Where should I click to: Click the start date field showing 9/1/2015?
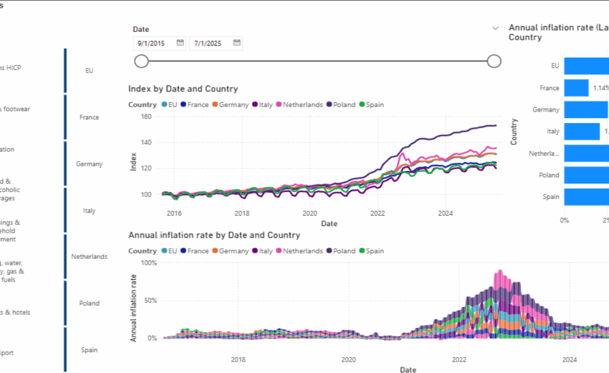pyautogui.click(x=153, y=43)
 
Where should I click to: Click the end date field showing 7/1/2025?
pyautogui.click(x=210, y=43)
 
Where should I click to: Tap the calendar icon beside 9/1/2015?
pyautogui.click(x=180, y=43)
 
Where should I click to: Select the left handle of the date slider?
pyautogui.click(x=142, y=61)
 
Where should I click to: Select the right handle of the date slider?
pyautogui.click(x=494, y=61)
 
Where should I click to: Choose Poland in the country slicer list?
pyautogui.click(x=89, y=304)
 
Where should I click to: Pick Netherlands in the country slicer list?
pyautogui.click(x=89, y=257)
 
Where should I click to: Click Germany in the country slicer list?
pyautogui.click(x=89, y=164)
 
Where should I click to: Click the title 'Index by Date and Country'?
pyautogui.click(x=183, y=89)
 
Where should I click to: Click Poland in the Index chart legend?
pyautogui.click(x=344, y=105)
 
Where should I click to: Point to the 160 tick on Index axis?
pyautogui.click(x=146, y=116)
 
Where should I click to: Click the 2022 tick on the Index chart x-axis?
pyautogui.click(x=378, y=213)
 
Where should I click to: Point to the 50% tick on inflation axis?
pyautogui.click(x=149, y=301)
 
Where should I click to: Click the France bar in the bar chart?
pyautogui.click(x=576, y=88)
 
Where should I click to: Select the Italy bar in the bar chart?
pyautogui.click(x=582, y=131)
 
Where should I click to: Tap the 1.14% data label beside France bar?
pyautogui.click(x=599, y=88)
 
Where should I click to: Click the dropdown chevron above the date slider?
pyautogui.click(x=495, y=28)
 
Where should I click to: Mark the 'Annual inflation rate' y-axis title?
pyautogui.click(x=134, y=307)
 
